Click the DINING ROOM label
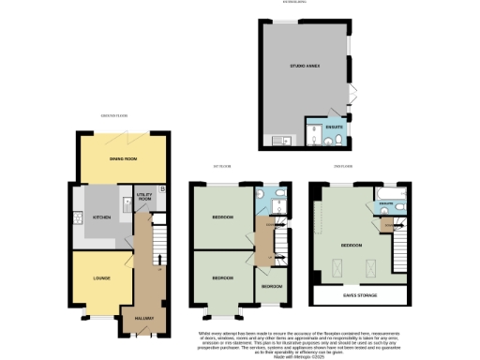tap(124, 158)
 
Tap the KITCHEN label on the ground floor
tap(101, 217)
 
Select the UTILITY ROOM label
tap(143, 199)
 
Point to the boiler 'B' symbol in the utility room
tap(162, 190)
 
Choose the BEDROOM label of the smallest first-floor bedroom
tap(271, 285)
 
